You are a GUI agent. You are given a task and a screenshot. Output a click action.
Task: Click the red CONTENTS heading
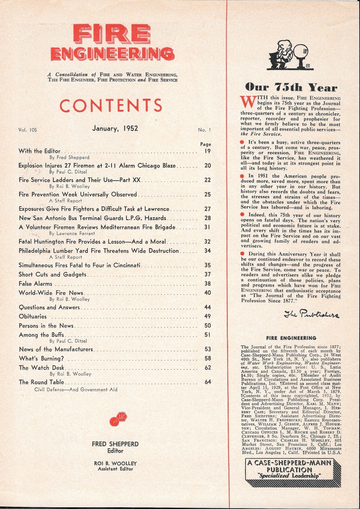(111, 106)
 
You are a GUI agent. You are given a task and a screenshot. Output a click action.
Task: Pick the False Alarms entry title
(36, 284)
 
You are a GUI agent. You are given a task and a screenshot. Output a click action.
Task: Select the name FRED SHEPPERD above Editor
(115, 444)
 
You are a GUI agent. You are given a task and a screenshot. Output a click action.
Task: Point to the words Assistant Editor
(115, 469)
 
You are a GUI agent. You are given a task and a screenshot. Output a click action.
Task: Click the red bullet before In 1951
(242, 176)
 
